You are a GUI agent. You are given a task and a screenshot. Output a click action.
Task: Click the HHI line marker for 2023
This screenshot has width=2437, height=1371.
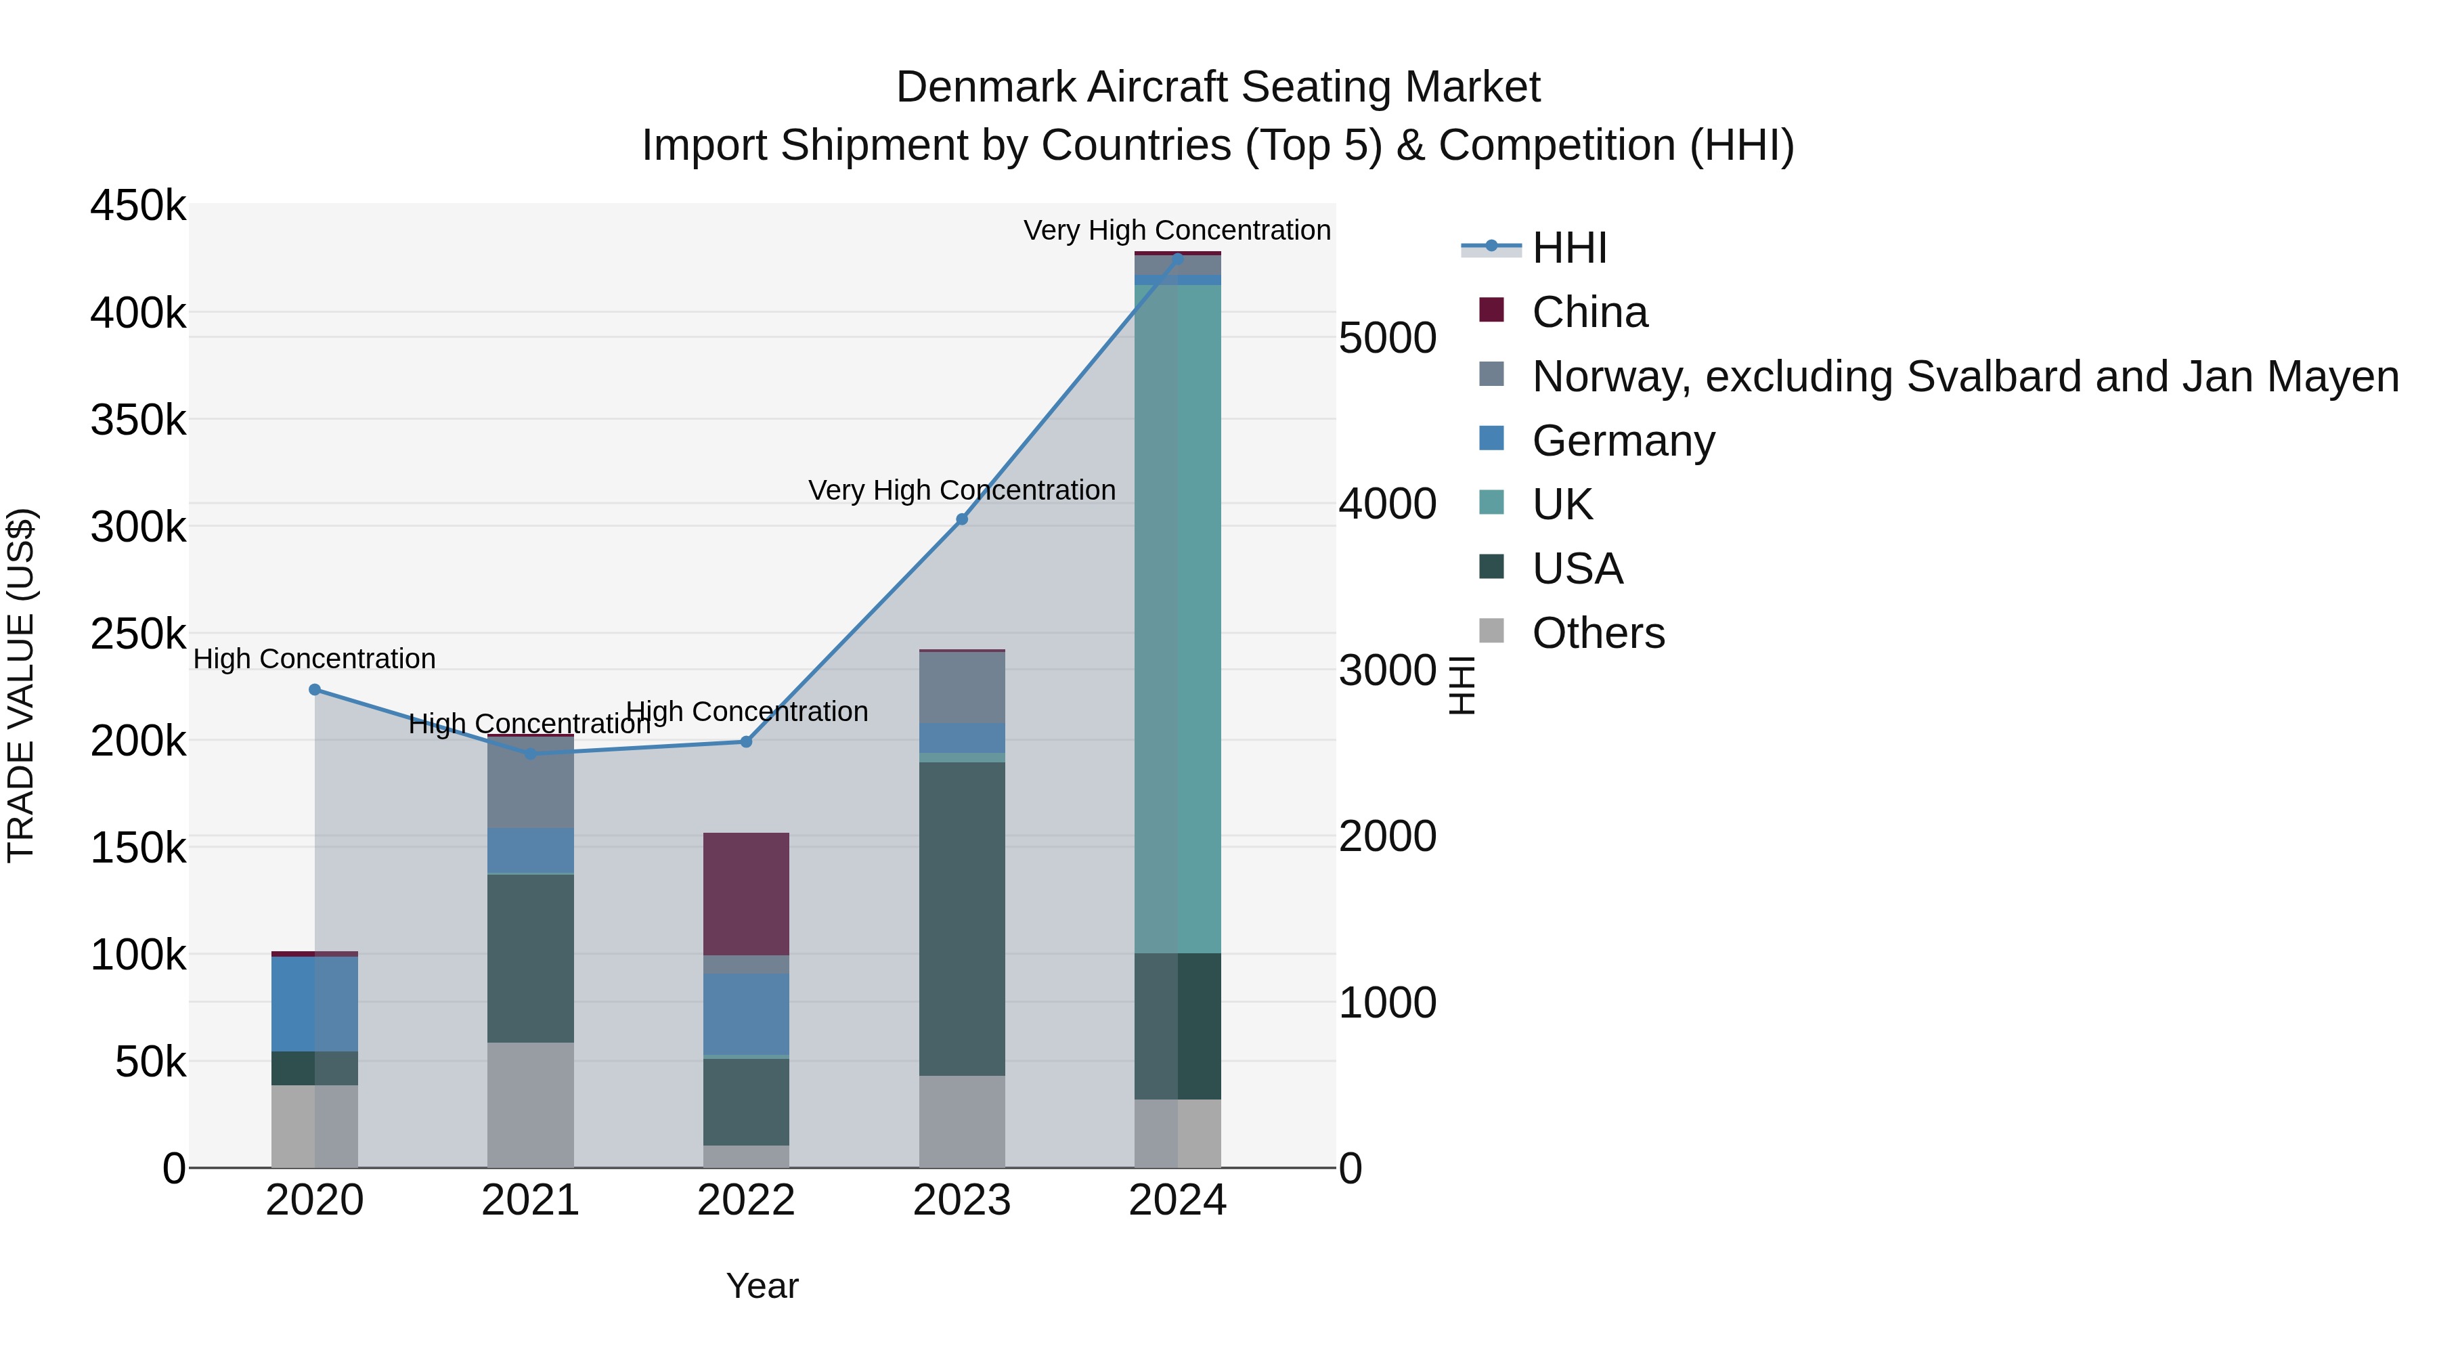(x=961, y=519)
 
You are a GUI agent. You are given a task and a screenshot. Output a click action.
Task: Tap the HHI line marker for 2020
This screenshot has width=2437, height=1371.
(x=315, y=690)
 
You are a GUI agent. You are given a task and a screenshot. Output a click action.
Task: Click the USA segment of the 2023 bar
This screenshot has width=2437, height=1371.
(x=961, y=918)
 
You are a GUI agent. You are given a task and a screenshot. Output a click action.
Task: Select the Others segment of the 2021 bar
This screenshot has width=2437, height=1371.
(x=530, y=1104)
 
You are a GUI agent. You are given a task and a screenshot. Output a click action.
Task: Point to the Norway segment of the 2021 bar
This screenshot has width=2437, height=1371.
(x=530, y=783)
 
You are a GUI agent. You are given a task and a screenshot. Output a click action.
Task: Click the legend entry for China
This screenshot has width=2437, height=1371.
(x=1589, y=312)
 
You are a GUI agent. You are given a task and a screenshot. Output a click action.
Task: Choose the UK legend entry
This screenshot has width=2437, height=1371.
(x=1562, y=504)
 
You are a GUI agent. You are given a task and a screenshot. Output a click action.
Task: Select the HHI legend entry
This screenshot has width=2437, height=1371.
(x=1568, y=248)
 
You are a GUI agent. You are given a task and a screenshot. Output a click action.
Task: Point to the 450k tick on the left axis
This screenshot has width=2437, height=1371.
(x=138, y=205)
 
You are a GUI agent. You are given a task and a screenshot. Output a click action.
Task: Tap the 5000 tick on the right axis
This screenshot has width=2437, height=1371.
(x=1387, y=338)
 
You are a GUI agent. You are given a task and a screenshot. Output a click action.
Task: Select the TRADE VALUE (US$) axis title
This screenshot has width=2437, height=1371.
(x=22, y=685)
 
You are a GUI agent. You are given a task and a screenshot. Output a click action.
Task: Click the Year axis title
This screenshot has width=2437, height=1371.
(x=762, y=1286)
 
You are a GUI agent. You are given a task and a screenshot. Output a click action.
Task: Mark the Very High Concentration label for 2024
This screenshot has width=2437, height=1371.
(x=1177, y=230)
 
